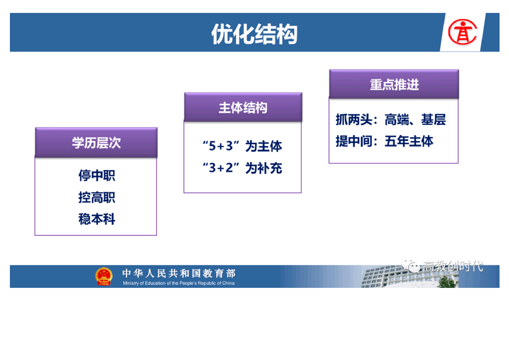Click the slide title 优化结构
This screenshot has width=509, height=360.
[254, 34]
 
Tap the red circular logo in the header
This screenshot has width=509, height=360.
[463, 32]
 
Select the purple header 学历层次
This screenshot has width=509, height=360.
[96, 143]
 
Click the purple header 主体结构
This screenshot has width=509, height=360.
[243, 108]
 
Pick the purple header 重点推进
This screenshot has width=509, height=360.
[394, 84]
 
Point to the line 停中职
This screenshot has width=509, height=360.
[97, 175]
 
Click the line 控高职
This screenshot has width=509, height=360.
[97, 197]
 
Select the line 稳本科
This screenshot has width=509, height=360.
[97, 219]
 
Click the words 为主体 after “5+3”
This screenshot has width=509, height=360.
[264, 146]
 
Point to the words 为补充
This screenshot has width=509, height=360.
[264, 168]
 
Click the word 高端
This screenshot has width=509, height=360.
[396, 119]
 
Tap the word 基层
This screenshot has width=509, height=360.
[433, 119]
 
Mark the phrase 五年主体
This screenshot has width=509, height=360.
[409, 141]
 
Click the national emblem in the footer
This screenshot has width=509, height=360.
[104, 276]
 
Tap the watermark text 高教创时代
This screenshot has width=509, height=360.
[453, 266]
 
